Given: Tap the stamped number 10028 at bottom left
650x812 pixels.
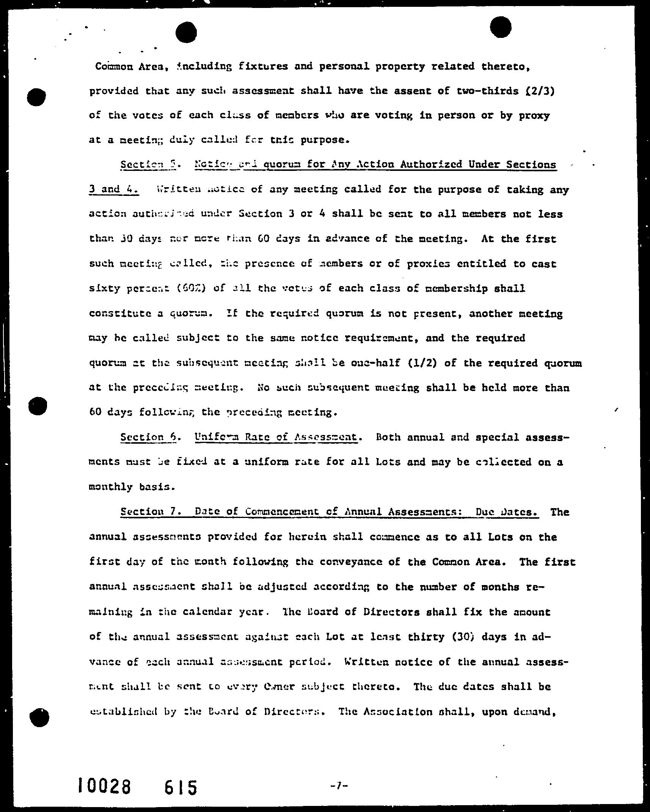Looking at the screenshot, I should click(104, 785).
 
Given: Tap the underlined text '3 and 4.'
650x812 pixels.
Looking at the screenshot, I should click(114, 189).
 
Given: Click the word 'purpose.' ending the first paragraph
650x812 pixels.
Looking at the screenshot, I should click(325, 140).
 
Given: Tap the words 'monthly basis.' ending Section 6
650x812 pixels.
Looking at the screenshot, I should click(132, 487).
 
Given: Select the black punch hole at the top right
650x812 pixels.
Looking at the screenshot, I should click(501, 27).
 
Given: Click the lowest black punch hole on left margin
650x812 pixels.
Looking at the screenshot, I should click(39, 717).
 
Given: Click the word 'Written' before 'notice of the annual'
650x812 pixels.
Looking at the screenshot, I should click(366, 662).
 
